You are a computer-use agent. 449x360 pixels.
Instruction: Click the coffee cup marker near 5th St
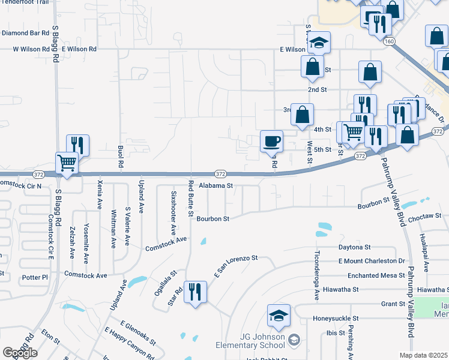(x=272, y=141)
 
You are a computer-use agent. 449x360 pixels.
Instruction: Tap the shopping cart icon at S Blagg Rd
(x=67, y=163)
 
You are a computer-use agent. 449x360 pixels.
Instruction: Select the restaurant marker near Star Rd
(x=195, y=292)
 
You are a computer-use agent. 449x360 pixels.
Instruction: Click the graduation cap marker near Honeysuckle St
(x=279, y=317)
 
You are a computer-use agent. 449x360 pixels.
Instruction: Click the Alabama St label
(x=215, y=186)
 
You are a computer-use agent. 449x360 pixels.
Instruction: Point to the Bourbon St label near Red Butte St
(x=213, y=219)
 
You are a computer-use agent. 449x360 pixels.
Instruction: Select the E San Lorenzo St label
(x=235, y=266)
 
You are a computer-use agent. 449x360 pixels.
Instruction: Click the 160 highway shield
(x=390, y=41)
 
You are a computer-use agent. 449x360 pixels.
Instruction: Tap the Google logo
(x=20, y=353)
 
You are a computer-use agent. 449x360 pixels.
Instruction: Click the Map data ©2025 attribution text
(x=424, y=355)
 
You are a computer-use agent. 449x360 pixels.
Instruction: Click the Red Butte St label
(x=190, y=197)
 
